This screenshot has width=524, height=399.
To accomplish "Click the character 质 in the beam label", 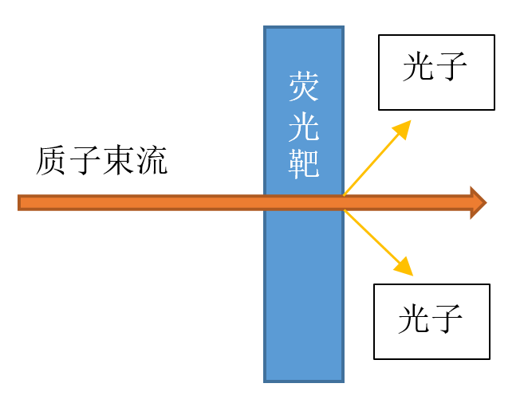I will coord(52,162).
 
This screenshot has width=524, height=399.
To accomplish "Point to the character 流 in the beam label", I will coord(152,162).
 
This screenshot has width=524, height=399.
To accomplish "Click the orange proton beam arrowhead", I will coord(478,202).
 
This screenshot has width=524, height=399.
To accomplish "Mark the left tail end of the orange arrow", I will coord(22,202).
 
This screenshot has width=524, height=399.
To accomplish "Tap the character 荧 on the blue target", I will coord(304,87).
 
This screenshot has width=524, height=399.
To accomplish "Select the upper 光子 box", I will coord(436,72).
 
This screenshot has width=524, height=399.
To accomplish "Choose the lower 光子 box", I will coord(431,322).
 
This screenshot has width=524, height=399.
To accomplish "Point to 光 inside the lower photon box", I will coord(415,319).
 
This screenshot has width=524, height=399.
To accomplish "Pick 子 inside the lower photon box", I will coord(448,319).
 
